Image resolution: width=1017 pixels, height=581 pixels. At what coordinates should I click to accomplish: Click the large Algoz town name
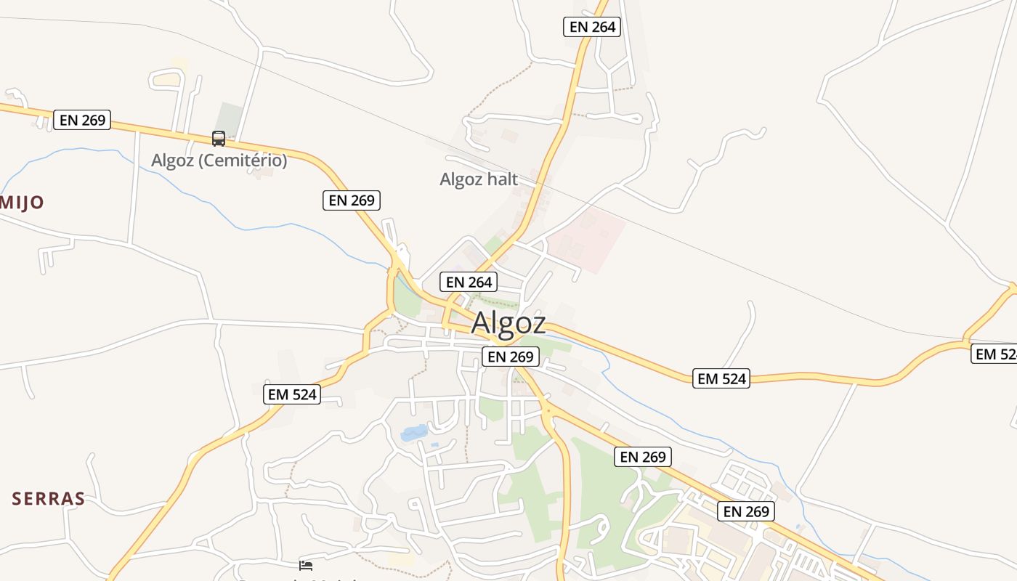pyautogui.click(x=508, y=323)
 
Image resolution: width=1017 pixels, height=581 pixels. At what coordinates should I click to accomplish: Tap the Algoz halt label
pyautogui.click(x=479, y=179)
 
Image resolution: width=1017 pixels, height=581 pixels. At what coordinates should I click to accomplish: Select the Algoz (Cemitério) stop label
pyautogui.click(x=219, y=161)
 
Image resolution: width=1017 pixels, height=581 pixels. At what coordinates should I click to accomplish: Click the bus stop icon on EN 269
pyautogui.click(x=219, y=138)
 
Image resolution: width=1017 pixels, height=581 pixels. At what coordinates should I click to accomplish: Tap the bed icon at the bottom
pyautogui.click(x=306, y=565)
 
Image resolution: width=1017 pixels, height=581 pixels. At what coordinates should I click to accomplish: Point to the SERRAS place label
pyautogui.click(x=49, y=499)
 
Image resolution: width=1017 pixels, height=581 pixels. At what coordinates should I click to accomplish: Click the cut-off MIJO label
pyautogui.click(x=22, y=202)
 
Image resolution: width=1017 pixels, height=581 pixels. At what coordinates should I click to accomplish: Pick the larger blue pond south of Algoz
pyautogui.click(x=414, y=434)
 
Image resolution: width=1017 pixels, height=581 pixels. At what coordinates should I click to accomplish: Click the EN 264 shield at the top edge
pyautogui.click(x=592, y=28)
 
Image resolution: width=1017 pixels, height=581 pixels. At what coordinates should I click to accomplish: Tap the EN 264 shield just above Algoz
pyautogui.click(x=469, y=282)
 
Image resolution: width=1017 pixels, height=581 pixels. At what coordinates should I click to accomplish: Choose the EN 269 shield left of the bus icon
pyautogui.click(x=82, y=120)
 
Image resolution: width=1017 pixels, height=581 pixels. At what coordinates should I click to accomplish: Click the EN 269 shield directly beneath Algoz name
pyautogui.click(x=510, y=357)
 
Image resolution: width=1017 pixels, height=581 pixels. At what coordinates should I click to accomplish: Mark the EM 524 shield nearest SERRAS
pyautogui.click(x=293, y=394)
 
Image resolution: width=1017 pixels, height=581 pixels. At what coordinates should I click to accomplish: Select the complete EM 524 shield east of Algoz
pyautogui.click(x=721, y=378)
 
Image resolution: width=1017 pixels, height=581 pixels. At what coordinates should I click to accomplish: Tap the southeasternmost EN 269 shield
pyautogui.click(x=746, y=511)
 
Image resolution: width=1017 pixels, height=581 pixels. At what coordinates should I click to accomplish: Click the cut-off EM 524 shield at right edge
pyautogui.click(x=994, y=354)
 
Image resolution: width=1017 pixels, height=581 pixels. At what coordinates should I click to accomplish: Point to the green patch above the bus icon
pyautogui.click(x=230, y=116)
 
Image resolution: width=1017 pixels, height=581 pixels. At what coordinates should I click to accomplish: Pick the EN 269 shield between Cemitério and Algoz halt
pyautogui.click(x=352, y=200)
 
